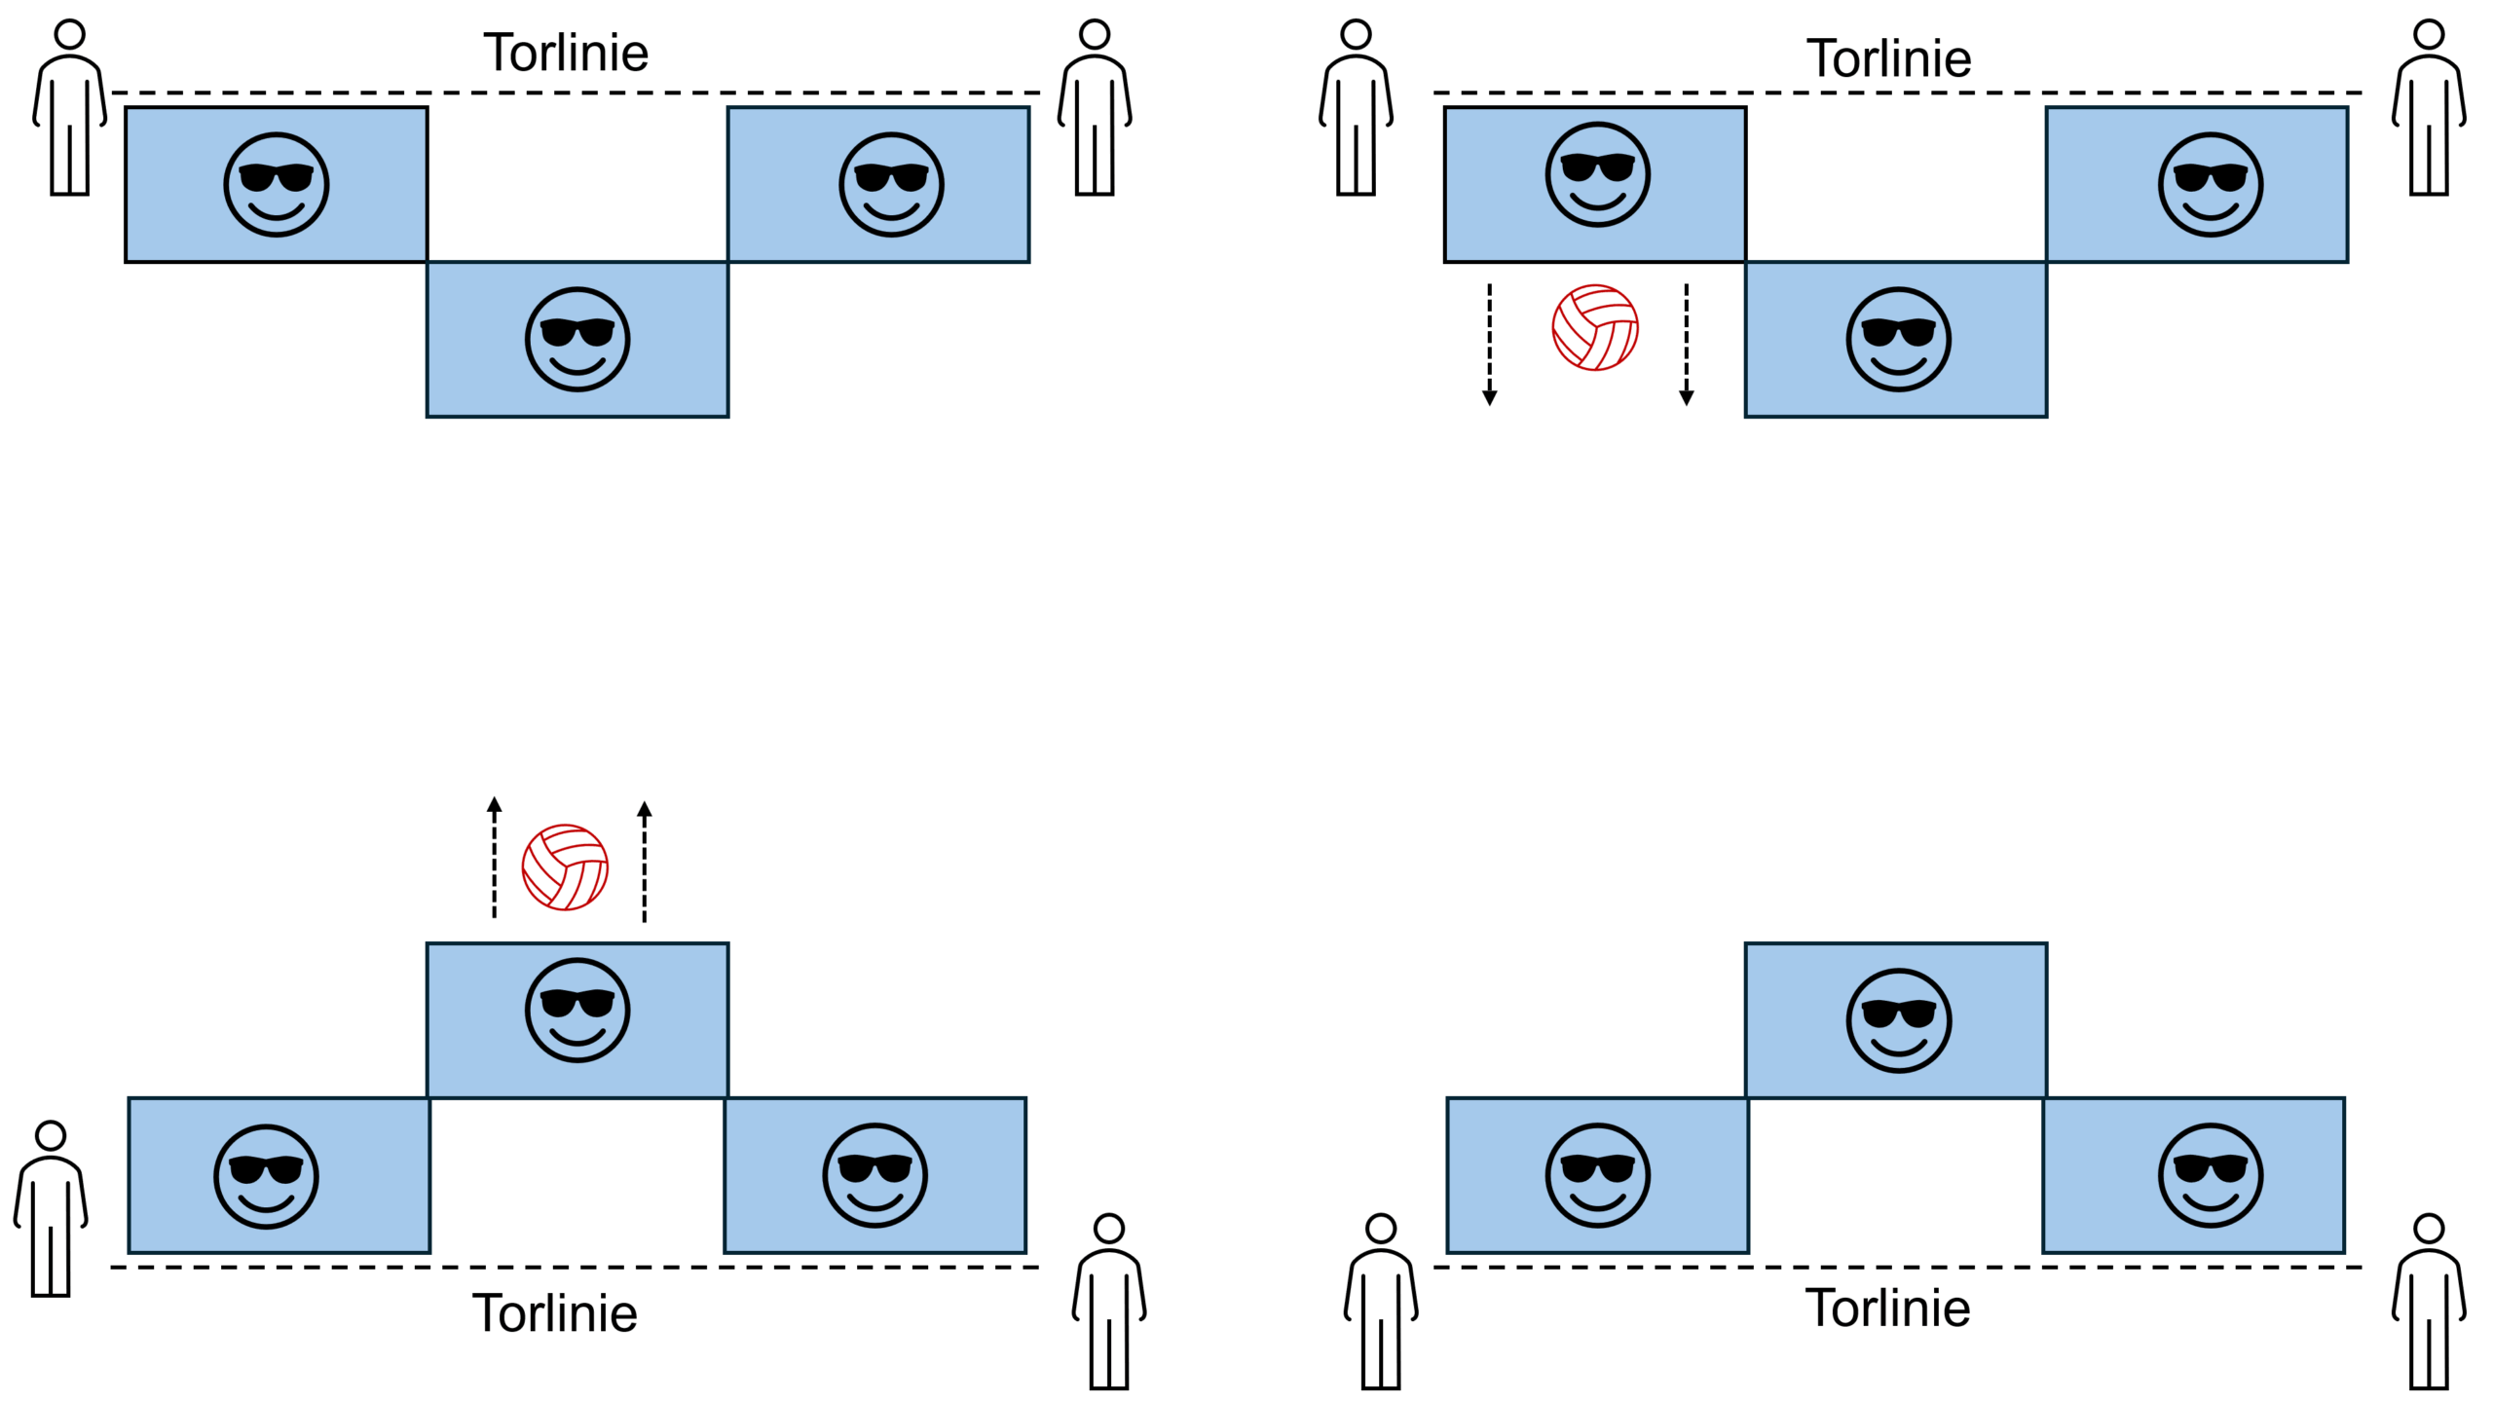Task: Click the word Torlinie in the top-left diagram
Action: click(566, 53)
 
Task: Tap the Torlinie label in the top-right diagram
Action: click(1888, 58)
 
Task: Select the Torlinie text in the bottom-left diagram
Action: click(555, 1312)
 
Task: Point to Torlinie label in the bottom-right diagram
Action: click(1887, 1308)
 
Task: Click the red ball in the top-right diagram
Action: click(1595, 327)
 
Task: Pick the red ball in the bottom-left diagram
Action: click(565, 867)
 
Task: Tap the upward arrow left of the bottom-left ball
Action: click(495, 858)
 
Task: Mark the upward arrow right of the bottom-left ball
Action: click(644, 861)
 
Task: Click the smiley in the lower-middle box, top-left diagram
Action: click(577, 339)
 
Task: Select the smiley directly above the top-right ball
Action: click(1597, 175)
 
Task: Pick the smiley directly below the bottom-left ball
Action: click(577, 1010)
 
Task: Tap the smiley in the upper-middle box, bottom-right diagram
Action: click(1898, 1020)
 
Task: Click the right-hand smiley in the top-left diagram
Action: click(891, 184)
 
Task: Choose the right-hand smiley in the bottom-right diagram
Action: click(2211, 1175)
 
